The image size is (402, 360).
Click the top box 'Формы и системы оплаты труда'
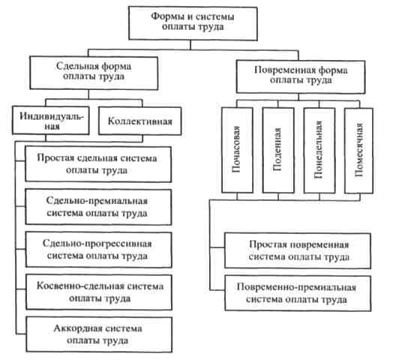[x=193, y=23]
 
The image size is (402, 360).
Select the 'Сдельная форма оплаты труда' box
[x=94, y=73]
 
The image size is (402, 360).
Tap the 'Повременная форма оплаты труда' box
[x=301, y=76]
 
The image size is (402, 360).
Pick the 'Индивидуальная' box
[x=51, y=120]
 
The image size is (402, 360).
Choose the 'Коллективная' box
[x=140, y=121]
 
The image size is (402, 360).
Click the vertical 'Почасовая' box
[x=237, y=150]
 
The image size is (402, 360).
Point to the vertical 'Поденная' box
[x=278, y=150]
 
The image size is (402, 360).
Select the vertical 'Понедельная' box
[x=319, y=151]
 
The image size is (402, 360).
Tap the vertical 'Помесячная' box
[x=358, y=151]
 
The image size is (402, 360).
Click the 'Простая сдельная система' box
[x=98, y=164]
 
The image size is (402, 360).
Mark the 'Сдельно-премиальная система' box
[x=98, y=207]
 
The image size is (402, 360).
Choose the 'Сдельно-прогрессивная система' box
[x=99, y=250]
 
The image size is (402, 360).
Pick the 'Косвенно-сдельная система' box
[x=99, y=292]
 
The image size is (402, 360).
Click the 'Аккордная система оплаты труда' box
[x=99, y=334]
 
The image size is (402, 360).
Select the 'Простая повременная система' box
[x=298, y=250]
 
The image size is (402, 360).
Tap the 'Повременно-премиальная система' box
[x=298, y=293]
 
